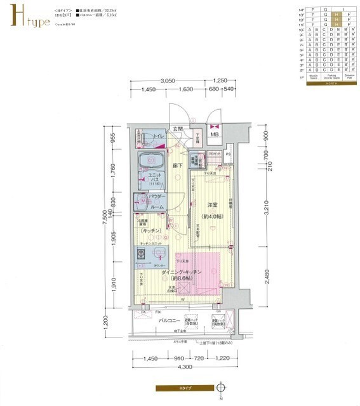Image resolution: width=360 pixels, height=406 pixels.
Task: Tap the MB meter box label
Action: click(x=215, y=134)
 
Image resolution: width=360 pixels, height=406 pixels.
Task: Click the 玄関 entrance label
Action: click(x=180, y=129)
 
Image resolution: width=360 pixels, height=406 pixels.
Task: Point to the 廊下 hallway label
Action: click(x=178, y=166)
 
